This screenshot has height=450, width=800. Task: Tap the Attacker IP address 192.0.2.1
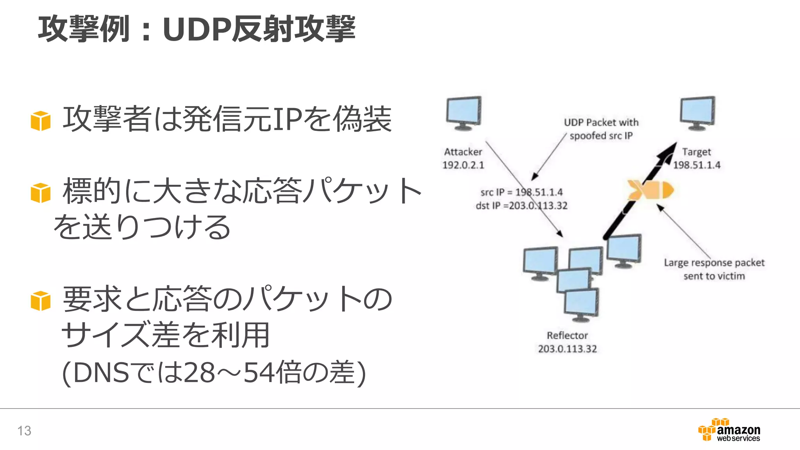tap(463, 165)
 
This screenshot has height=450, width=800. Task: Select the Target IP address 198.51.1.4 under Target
tap(696, 165)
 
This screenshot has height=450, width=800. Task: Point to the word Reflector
tap(567, 336)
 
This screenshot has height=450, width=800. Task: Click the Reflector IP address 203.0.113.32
tap(567, 349)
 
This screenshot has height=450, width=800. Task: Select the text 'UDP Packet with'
tap(601, 123)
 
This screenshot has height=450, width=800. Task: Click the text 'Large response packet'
tap(714, 262)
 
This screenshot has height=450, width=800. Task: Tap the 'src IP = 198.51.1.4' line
tap(521, 192)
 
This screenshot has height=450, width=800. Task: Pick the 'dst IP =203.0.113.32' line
tap(521, 205)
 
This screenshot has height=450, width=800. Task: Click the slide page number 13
tap(24, 430)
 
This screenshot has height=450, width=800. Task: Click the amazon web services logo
tap(729, 430)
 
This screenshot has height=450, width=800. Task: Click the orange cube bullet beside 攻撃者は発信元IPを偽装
tap(41, 121)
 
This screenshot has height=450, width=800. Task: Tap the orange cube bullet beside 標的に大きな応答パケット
tap(41, 193)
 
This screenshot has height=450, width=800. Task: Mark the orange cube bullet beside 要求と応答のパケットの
tap(41, 301)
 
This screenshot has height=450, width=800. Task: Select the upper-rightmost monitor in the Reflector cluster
tap(624, 250)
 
